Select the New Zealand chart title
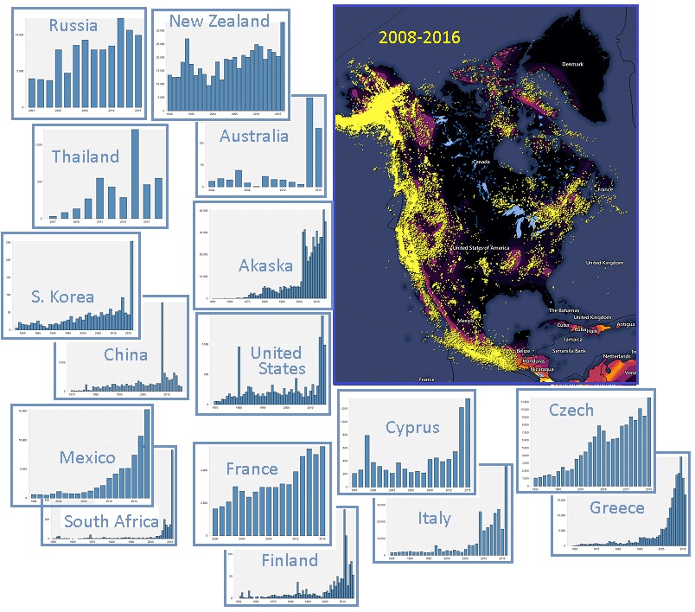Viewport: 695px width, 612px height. (x=219, y=21)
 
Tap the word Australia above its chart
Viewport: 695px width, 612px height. (x=254, y=136)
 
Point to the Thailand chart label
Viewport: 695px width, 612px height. (x=85, y=156)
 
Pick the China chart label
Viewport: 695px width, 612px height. (x=125, y=354)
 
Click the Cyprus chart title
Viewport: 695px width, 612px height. (x=412, y=427)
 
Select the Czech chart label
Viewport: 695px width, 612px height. (x=571, y=410)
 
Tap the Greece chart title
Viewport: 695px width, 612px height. (x=617, y=507)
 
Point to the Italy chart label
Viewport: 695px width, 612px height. (x=434, y=518)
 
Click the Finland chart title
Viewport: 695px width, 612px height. (x=290, y=561)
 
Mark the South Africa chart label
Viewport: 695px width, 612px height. (x=112, y=521)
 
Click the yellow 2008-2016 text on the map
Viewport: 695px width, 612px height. (x=417, y=37)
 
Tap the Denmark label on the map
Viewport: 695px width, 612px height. (x=571, y=64)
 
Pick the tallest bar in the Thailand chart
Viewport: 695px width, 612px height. (x=135, y=174)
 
